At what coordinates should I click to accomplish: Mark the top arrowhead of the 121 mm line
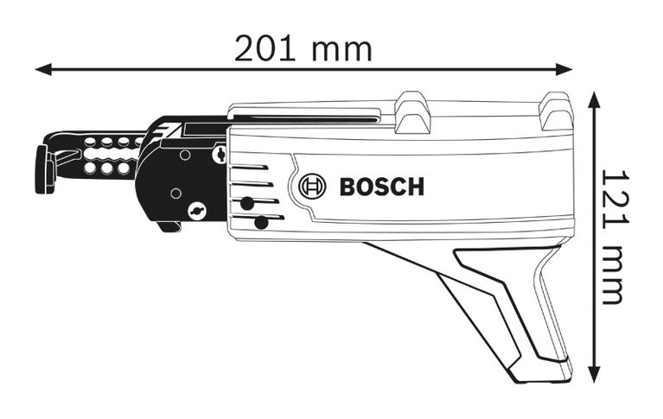pyautogui.click(x=595, y=98)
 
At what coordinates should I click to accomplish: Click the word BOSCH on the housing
pyautogui.click(x=381, y=186)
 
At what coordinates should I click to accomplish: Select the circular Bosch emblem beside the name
pyautogui.click(x=312, y=186)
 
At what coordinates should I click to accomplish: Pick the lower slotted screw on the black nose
pyautogui.click(x=197, y=210)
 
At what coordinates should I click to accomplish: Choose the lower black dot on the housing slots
pyautogui.click(x=260, y=223)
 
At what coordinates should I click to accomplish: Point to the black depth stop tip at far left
pyautogui.click(x=41, y=169)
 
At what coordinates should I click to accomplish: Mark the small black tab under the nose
pyautogui.click(x=169, y=226)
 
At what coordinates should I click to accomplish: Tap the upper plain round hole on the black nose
pyautogui.click(x=183, y=156)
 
